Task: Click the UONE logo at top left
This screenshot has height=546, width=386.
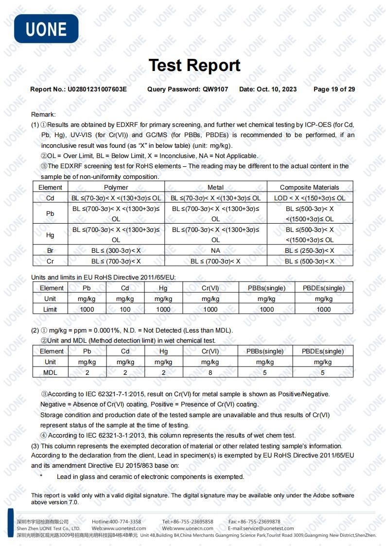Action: (x=46, y=29)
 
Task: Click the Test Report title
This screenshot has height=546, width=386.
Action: (x=194, y=65)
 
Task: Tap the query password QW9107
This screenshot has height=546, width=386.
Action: (x=215, y=89)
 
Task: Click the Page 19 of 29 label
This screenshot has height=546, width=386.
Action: (x=334, y=89)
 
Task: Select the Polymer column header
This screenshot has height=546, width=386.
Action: (x=116, y=187)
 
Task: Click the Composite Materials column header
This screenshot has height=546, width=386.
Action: (x=310, y=187)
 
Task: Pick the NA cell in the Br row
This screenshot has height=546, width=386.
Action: (x=215, y=250)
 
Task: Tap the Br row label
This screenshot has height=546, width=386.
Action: (x=50, y=250)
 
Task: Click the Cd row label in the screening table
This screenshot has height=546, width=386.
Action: (x=50, y=198)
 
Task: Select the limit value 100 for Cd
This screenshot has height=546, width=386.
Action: (x=125, y=309)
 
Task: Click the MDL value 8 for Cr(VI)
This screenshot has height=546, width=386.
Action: (x=210, y=372)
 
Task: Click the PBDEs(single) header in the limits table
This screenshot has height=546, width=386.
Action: (x=323, y=288)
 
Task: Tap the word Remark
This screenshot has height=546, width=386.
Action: (x=43, y=114)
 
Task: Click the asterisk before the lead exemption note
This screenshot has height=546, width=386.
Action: (x=41, y=476)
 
